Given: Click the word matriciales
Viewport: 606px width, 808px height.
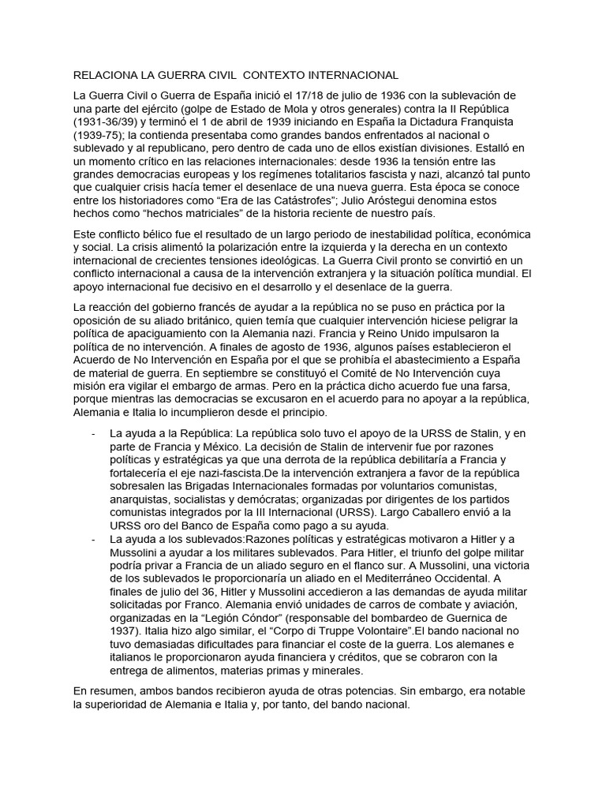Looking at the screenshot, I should point(182,215).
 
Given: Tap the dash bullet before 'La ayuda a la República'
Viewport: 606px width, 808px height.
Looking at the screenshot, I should point(94,433).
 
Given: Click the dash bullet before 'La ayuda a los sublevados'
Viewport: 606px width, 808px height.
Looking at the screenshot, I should point(94,539).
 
